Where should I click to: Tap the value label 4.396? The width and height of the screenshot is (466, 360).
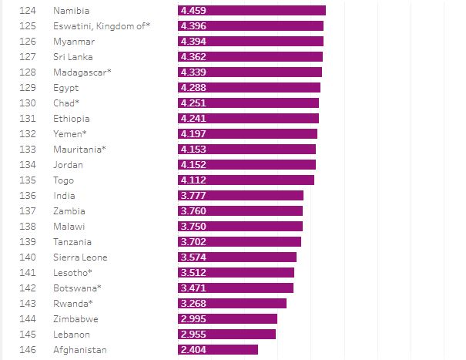(193, 26)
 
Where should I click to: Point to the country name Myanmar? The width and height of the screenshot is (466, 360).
(74, 42)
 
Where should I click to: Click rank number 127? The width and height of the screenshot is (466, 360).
(28, 57)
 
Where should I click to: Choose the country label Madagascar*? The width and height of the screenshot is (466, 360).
(82, 72)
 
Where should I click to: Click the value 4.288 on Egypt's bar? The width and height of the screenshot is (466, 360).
(193, 88)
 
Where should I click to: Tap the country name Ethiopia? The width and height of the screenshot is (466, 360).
(72, 119)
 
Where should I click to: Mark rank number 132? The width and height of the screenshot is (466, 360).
(28, 134)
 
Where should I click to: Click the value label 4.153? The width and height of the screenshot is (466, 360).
(193, 150)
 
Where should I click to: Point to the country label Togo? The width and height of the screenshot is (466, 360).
(64, 180)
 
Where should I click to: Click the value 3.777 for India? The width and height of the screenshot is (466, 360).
(193, 196)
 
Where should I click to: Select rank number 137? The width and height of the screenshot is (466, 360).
(28, 211)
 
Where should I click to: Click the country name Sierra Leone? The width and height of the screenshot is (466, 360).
(80, 257)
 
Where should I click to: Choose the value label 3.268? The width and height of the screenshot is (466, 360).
(193, 304)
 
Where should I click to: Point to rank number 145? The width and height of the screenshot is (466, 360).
(28, 335)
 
